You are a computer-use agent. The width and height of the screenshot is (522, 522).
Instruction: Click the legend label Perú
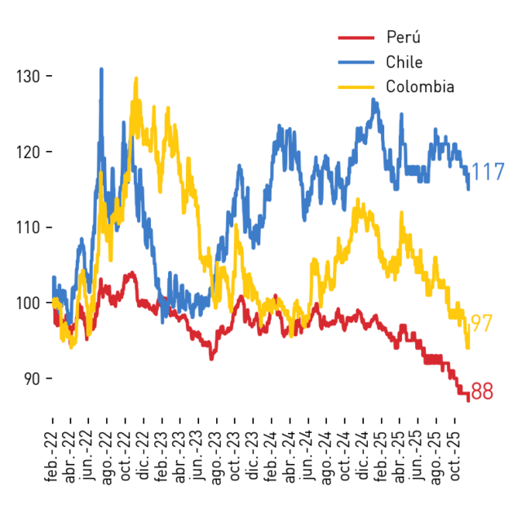[x=403, y=37]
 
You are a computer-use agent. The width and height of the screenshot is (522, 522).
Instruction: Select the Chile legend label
[x=405, y=62]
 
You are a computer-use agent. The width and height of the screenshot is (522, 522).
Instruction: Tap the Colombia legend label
[x=420, y=86]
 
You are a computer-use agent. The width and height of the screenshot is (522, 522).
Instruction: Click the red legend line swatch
[x=356, y=38]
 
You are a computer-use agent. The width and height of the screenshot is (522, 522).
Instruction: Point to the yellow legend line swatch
[x=356, y=87]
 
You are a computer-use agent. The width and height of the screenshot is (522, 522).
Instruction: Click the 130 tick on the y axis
[x=29, y=77]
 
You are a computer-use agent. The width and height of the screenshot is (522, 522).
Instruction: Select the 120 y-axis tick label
[x=29, y=153]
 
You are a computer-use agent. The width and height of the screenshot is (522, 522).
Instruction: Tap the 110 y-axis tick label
[x=29, y=228]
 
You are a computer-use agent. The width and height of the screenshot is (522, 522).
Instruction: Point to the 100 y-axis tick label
[x=29, y=303]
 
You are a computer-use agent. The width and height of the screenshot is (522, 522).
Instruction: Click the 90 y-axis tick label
[x=32, y=378]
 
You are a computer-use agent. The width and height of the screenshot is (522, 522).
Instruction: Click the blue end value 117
[x=488, y=172]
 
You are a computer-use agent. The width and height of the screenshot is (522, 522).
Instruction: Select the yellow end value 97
[x=481, y=323]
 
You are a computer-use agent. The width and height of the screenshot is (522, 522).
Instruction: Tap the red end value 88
[x=482, y=391]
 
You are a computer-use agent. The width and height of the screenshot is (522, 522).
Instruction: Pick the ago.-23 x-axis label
[x=216, y=458]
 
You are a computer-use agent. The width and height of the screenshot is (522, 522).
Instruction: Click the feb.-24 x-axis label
[x=271, y=457]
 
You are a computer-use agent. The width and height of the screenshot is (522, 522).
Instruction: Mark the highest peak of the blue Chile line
[x=101, y=69]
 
